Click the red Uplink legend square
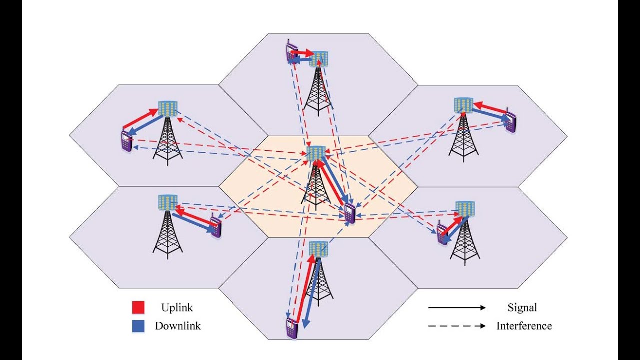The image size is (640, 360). [138, 307]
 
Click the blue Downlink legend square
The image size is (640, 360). [138, 326]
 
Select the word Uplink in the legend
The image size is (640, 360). [177, 307]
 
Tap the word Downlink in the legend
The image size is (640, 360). [178, 326]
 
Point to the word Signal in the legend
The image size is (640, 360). [522, 308]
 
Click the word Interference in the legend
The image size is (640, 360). [524, 326]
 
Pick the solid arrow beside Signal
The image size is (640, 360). [457, 308]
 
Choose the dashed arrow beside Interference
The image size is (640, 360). [457, 326]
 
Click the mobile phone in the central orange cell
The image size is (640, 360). [350, 214]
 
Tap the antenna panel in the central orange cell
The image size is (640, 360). [316, 153]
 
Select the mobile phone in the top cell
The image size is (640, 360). [290, 53]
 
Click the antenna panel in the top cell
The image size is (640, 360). [318, 59]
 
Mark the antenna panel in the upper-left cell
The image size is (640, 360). [167, 108]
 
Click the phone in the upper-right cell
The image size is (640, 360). [510, 121]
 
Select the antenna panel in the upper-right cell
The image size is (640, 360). [463, 105]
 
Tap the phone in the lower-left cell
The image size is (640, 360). [215, 227]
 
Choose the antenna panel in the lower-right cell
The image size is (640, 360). [465, 208]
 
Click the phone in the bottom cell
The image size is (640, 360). [291, 328]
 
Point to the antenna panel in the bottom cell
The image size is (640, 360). [318, 248]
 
